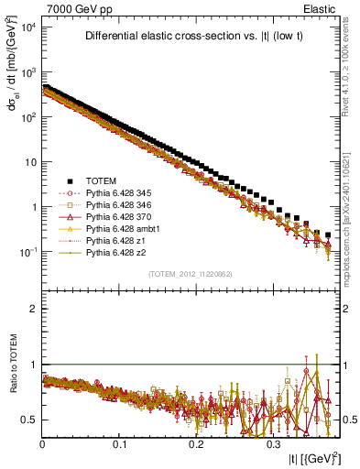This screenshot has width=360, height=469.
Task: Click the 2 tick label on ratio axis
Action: [33, 309]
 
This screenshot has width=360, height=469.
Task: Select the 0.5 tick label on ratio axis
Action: [28, 420]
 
